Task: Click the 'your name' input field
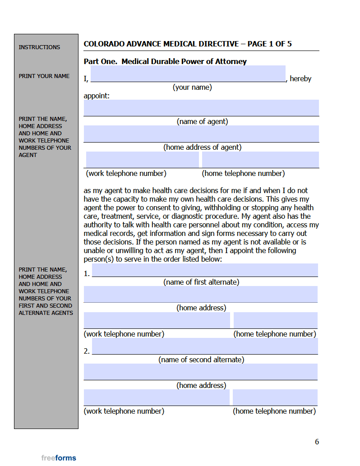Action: pos(188,74)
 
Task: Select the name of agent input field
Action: pos(201,108)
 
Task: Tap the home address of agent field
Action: pos(201,134)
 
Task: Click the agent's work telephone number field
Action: pos(142,160)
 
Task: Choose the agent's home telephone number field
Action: pos(260,160)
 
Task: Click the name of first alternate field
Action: pos(205,270)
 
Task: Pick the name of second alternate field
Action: pos(205,346)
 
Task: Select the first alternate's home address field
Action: pos(200,294)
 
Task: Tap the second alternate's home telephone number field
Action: pos(275,397)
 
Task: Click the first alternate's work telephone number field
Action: pos(157,320)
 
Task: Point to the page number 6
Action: pos(317,442)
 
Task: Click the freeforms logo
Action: pos(59,458)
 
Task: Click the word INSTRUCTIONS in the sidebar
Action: pos(39,47)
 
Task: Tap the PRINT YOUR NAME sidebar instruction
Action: pos(44,76)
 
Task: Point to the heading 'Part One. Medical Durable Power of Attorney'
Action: pos(165,61)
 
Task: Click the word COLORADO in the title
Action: pos(103,44)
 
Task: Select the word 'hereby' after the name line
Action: pos(300,78)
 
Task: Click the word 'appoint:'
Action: pos(97,96)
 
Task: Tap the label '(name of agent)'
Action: pos(202,121)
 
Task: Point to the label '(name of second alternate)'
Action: pos(201,360)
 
